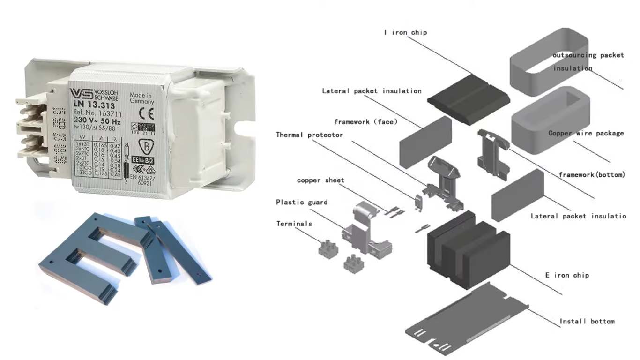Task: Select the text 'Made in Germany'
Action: pyautogui.click(x=141, y=98)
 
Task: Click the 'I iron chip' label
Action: pyautogui.click(x=405, y=32)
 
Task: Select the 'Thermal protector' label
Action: pyautogui.click(x=309, y=135)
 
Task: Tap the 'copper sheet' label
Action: pyautogui.click(x=320, y=180)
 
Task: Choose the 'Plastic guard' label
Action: pyautogui.click(x=301, y=202)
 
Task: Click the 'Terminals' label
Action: pyautogui.click(x=294, y=224)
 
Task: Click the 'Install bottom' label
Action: pyautogui.click(x=587, y=321)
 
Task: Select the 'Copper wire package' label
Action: pyautogui.click(x=586, y=133)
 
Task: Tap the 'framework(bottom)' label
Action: pyautogui.click(x=591, y=174)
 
